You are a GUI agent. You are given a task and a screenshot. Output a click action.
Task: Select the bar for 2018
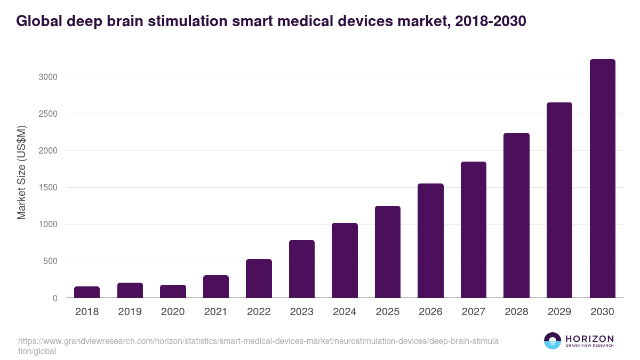(x=87, y=292)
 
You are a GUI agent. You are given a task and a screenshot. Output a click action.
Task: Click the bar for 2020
(x=173, y=291)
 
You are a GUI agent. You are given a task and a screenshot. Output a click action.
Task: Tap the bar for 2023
(x=302, y=269)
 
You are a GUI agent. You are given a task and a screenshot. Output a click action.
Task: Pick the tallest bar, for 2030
(x=602, y=179)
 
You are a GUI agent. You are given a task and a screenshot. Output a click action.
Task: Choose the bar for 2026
(x=430, y=241)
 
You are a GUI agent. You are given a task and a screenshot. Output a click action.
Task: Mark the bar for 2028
(x=516, y=215)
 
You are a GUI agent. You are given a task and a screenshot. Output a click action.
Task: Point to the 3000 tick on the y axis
(x=47, y=77)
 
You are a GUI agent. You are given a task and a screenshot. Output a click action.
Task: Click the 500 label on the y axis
(x=50, y=261)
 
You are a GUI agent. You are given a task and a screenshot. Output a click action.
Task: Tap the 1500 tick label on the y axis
(x=47, y=188)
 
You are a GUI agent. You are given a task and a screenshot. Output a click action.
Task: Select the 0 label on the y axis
(x=54, y=298)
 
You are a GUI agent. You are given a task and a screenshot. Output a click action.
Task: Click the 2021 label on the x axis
(x=215, y=312)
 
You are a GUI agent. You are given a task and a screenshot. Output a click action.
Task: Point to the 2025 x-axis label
(x=387, y=312)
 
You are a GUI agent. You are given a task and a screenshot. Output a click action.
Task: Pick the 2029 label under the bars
(x=559, y=312)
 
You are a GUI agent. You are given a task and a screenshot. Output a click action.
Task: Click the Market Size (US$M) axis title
(x=21, y=172)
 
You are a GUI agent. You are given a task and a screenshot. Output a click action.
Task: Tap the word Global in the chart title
(x=41, y=21)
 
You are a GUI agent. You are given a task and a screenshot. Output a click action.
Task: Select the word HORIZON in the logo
(x=590, y=339)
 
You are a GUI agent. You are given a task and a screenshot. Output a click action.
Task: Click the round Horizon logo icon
(x=553, y=341)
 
